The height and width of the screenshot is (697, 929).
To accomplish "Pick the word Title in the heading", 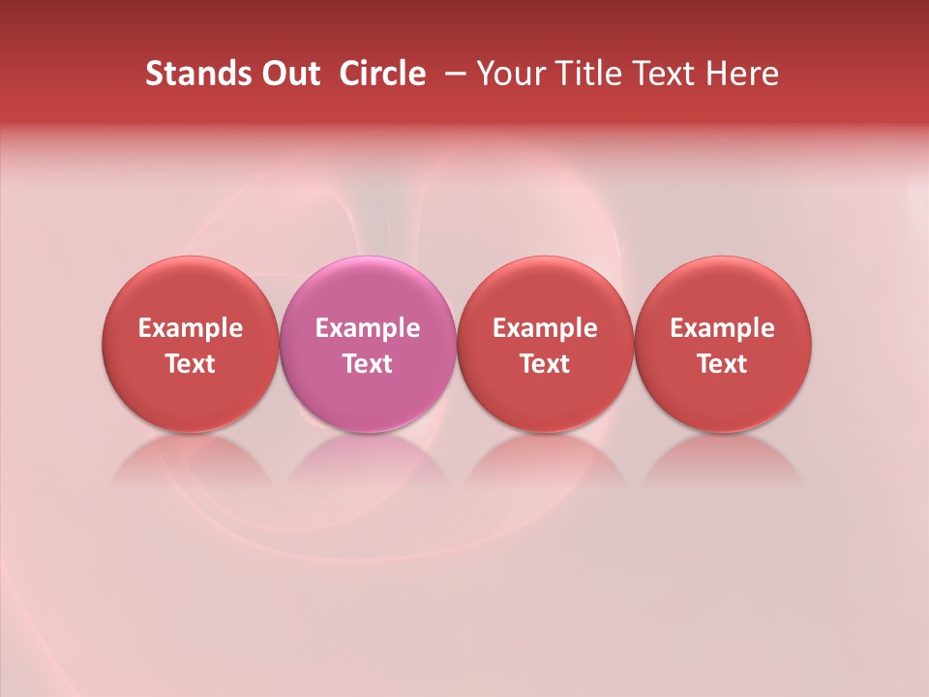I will tap(584, 74).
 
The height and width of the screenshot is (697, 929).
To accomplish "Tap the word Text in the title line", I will tap(661, 74).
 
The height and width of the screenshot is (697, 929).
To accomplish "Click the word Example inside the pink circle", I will tap(368, 328).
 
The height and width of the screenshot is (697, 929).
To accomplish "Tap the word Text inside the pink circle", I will tap(368, 364).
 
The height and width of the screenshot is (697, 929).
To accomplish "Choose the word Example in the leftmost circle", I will tap(191, 328).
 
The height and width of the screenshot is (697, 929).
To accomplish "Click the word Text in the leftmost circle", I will tap(191, 364).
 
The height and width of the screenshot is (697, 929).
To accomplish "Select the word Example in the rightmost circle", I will tap(723, 328).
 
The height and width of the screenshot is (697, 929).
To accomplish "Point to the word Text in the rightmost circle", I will tap(723, 364).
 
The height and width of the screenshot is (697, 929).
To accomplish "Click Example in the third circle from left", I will tap(545, 328).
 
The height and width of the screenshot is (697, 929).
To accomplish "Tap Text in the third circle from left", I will tap(545, 364).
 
